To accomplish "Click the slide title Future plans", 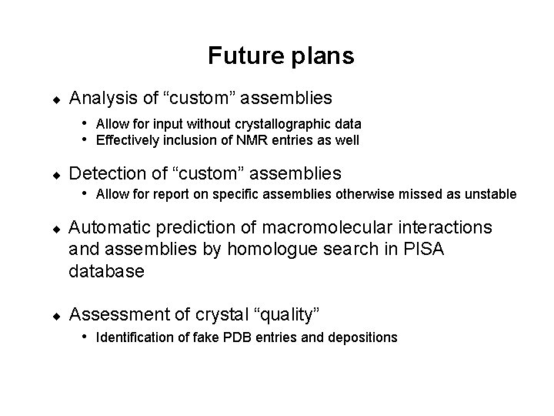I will [x=280, y=56].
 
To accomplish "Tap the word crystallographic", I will [x=289, y=124].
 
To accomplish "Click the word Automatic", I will [x=105, y=227].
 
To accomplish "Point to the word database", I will [x=105, y=272].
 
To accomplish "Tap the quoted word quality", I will [x=294, y=314].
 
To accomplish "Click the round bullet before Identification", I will [x=87, y=337].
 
